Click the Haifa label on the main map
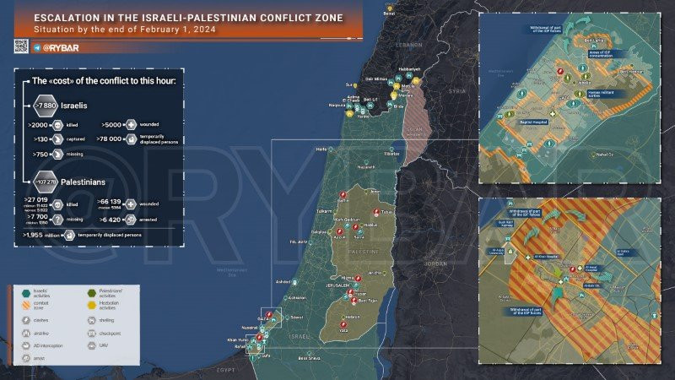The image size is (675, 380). click(321, 149)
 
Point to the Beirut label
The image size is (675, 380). click(389, 14)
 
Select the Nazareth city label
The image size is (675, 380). click(365, 167)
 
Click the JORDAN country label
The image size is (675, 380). click(435, 263)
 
